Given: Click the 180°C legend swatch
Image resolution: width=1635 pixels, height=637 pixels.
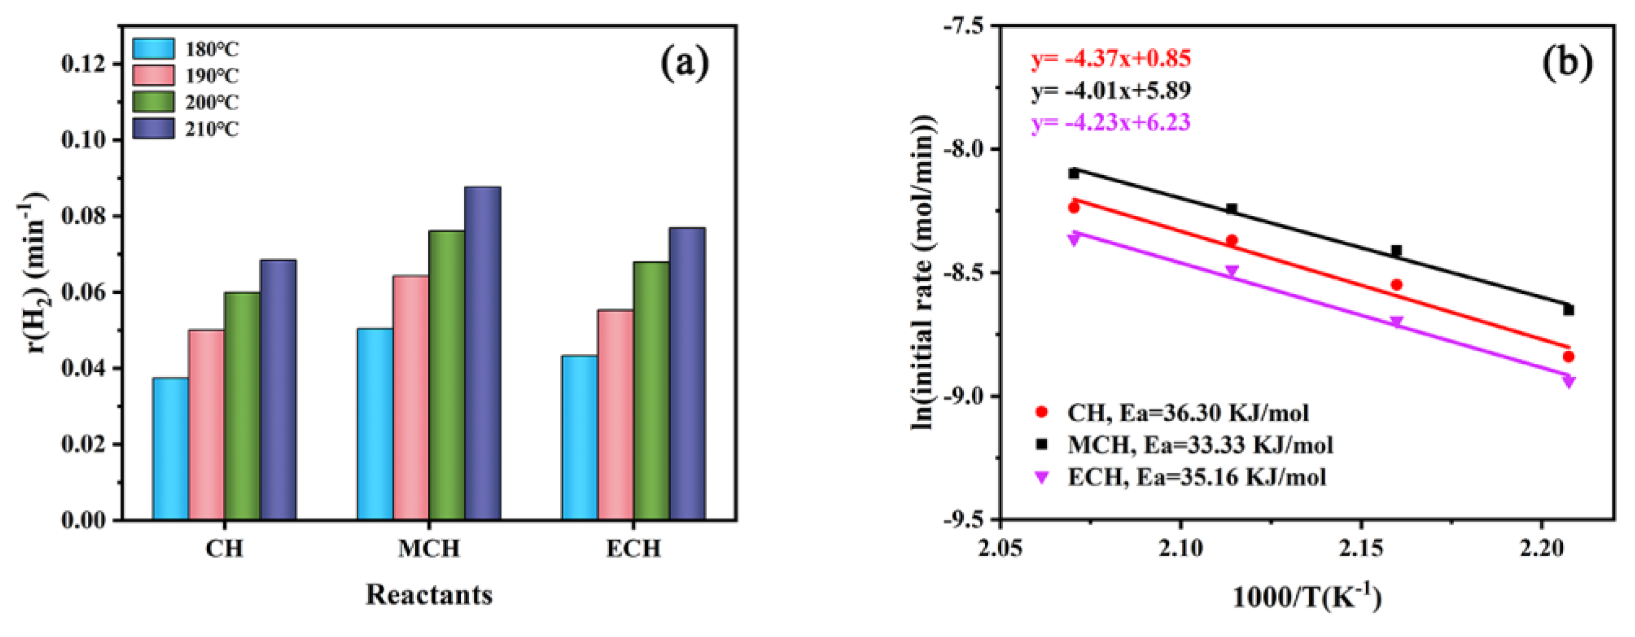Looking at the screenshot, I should [x=153, y=49].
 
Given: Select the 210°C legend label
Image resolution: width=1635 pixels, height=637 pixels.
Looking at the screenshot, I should [x=212, y=130].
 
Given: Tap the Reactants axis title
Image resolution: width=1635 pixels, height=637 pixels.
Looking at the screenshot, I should [x=428, y=595].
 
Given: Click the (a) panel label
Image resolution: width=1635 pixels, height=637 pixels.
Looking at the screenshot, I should [x=685, y=64].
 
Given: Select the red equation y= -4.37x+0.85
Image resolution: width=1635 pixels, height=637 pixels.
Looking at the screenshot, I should [x=1111, y=59].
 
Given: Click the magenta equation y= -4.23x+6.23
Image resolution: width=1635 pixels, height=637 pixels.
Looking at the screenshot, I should [x=1111, y=122].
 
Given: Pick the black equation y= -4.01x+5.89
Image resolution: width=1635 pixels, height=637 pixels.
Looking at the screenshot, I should [x=1111, y=91].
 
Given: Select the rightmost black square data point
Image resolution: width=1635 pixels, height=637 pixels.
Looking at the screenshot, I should [x=1568, y=310].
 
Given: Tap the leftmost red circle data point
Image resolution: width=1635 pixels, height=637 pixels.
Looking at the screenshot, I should [x=1074, y=208].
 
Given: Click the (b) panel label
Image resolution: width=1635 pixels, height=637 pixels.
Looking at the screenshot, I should [x=1567, y=64].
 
